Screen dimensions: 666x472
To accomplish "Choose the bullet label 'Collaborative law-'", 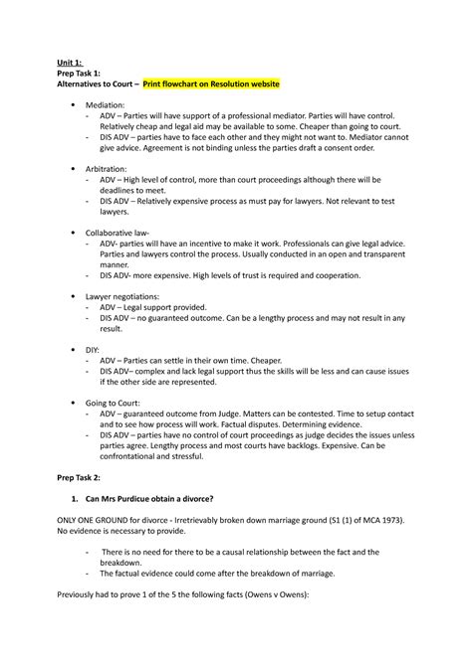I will (x=121, y=236).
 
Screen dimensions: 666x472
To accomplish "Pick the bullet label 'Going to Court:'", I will (x=117, y=404).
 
